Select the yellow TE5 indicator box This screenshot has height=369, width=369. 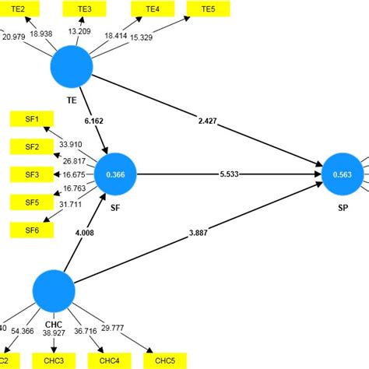pos(208,9)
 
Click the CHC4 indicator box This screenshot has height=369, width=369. pos(108,360)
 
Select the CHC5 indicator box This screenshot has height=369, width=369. pos(164,360)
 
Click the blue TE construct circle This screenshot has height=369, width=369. pos(72,68)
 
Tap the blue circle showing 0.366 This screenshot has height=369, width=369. pos(115,175)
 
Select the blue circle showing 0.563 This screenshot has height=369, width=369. pos(343,175)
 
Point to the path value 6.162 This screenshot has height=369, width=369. pos(93,121)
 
